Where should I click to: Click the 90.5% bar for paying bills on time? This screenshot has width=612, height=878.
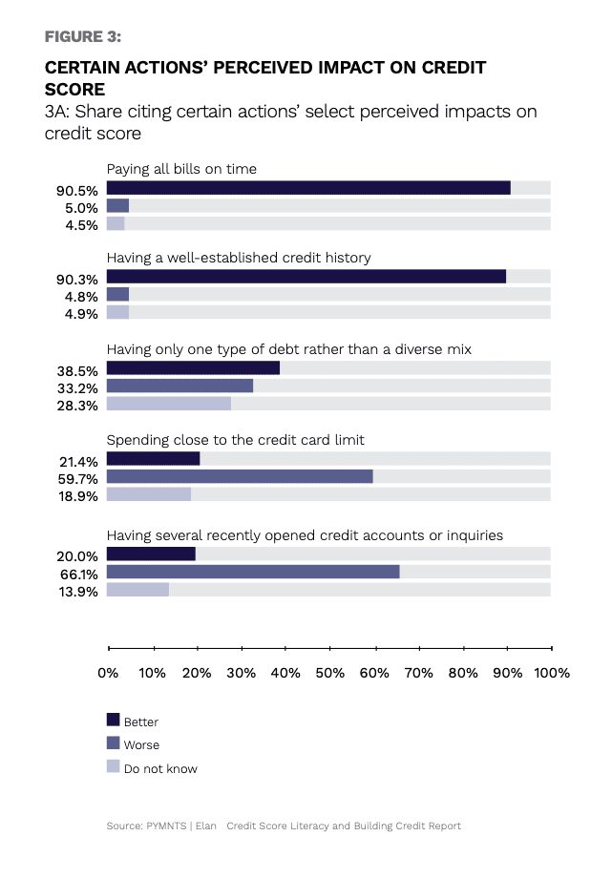[308, 188]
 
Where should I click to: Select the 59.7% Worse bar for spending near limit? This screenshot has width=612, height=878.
[240, 476]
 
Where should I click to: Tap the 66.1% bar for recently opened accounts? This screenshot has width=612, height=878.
[253, 572]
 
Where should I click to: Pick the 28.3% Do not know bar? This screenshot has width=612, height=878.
[169, 404]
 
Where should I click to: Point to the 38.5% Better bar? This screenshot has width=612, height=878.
[193, 367]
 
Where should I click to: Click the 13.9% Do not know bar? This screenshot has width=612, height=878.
[137, 590]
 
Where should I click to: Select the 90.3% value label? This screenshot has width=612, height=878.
[77, 280]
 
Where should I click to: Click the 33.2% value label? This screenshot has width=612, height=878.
[77, 388]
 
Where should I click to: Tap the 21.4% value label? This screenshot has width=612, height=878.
[78, 462]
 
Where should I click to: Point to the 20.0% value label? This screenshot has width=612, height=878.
[77, 556]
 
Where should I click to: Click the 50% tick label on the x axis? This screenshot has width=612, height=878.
[330, 673]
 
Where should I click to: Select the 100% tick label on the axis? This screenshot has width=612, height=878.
[552, 673]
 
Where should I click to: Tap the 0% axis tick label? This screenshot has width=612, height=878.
[108, 673]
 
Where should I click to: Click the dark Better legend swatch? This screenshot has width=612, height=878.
[114, 720]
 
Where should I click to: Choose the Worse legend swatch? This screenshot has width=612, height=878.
[114, 742]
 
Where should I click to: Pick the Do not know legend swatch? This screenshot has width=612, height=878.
[114, 766]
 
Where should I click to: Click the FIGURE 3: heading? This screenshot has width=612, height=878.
[83, 37]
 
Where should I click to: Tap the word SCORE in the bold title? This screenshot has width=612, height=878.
[75, 90]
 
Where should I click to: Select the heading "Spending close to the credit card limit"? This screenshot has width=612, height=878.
[236, 440]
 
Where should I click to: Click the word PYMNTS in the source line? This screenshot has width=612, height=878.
[166, 826]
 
